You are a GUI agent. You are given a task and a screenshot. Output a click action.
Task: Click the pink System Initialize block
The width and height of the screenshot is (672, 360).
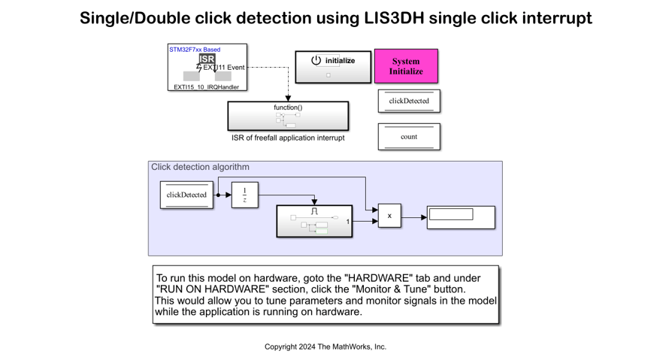click(406, 66)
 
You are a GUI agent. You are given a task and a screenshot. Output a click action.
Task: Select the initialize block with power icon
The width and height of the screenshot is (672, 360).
click(333, 66)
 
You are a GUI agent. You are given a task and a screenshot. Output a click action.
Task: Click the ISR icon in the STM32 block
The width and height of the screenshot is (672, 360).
click(207, 59)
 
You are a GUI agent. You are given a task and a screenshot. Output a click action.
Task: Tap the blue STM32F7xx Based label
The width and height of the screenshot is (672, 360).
click(195, 50)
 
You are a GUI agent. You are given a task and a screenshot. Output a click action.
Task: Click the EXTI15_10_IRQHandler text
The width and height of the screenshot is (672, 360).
click(206, 87)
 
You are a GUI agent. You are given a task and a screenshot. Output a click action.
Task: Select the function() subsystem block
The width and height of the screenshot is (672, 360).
click(288, 116)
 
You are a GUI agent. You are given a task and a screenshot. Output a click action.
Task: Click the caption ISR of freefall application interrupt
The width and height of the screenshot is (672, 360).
click(288, 138)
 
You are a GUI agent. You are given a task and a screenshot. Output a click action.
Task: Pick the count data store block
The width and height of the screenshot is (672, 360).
click(409, 137)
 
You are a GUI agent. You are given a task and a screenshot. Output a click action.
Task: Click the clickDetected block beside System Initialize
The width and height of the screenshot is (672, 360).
click(409, 101)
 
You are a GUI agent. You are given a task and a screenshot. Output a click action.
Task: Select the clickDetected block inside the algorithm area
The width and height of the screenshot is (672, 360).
click(186, 195)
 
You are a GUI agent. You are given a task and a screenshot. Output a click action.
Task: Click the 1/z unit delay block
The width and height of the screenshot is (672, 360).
click(244, 195)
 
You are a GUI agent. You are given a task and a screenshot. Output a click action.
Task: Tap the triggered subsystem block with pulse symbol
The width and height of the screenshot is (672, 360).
click(314, 221)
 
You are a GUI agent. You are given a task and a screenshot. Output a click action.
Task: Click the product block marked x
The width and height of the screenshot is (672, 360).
click(389, 216)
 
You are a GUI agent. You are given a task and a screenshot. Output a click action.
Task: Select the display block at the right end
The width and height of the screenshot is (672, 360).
click(461, 217)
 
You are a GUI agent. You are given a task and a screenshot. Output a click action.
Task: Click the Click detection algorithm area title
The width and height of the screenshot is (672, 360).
click(200, 167)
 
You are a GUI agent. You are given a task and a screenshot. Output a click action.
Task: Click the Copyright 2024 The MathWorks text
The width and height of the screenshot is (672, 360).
click(325, 346)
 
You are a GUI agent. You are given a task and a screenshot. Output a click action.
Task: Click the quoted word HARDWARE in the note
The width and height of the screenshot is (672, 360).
click(365, 278)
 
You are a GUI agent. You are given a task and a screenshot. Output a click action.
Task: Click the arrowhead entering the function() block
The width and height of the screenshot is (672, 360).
click(288, 98)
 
